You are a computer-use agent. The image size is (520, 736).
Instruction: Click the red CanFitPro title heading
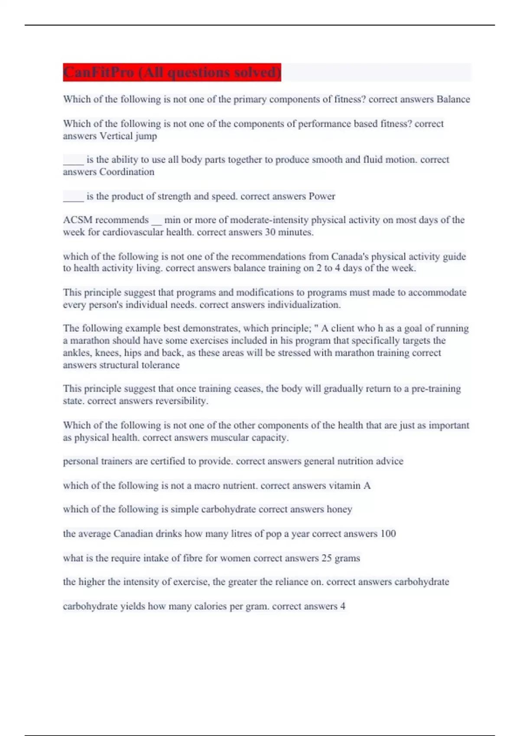click(172, 72)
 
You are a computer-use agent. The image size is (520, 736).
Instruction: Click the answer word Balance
click(453, 99)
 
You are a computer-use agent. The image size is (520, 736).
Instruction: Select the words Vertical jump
click(128, 136)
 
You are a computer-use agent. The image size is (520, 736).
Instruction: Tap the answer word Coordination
click(127, 172)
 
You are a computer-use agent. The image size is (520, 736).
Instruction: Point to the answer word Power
click(322, 196)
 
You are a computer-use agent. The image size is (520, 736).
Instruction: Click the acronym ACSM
click(77, 220)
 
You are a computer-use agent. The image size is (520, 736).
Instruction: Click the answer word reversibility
click(182, 401)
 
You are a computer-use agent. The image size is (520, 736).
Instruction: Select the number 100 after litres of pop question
click(388, 534)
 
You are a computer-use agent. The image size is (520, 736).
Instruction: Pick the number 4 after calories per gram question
click(343, 606)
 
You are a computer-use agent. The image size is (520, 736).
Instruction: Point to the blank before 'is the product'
click(73, 197)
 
